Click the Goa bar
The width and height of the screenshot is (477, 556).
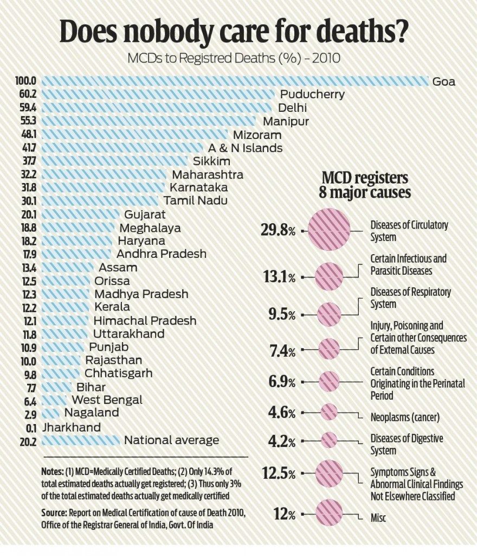point(235,81)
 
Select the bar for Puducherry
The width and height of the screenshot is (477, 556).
point(158,94)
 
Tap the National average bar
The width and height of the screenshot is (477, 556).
point(81,440)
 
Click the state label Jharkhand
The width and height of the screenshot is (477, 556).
point(72,427)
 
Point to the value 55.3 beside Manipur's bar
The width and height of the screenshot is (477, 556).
point(28,121)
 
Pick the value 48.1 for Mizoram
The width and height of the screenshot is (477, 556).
point(29,135)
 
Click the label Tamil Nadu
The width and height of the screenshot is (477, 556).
point(195,201)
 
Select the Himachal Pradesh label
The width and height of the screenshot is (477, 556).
point(145,320)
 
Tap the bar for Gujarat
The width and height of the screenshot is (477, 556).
point(81,214)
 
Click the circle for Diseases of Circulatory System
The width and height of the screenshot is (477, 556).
point(329,230)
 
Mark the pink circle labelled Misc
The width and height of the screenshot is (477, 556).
point(329,513)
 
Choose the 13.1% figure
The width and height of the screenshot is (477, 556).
point(279,276)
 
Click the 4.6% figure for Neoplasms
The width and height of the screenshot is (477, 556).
point(282,413)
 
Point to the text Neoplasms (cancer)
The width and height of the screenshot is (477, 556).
point(405,418)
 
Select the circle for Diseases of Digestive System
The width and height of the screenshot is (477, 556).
point(329,440)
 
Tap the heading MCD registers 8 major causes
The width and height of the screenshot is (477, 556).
point(365,185)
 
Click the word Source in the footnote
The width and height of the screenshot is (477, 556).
point(54,513)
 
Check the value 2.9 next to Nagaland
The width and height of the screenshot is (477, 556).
point(30,414)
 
